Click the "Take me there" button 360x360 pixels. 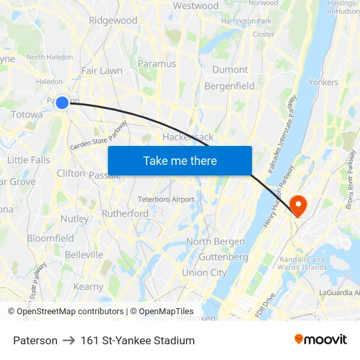180,161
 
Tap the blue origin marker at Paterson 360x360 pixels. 62,102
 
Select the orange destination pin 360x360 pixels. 298,206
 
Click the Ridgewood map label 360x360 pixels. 113,20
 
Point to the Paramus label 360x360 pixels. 157,63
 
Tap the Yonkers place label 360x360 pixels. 323,82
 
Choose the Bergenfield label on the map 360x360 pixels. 229,86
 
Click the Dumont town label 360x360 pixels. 230,69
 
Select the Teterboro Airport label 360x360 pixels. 166,199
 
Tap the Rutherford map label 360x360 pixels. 125,213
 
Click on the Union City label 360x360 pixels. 204,272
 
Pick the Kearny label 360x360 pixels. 88,287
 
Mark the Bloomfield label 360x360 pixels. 50,238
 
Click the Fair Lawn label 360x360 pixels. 101,70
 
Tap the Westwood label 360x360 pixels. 196,6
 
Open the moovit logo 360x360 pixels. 321,340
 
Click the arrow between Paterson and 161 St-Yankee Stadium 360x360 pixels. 69,340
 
